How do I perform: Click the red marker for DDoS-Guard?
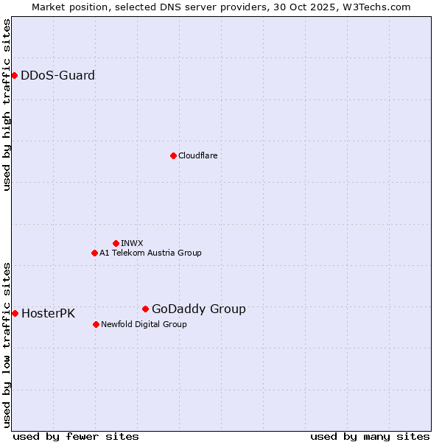(x=14, y=75)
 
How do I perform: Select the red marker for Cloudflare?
(x=173, y=155)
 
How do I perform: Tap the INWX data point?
(x=116, y=243)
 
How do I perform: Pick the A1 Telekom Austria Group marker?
(x=94, y=253)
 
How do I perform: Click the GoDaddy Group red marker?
(x=145, y=309)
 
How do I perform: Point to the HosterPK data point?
(x=15, y=313)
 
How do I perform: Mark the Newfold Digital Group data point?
(x=96, y=324)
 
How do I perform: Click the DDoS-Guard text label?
(x=57, y=75)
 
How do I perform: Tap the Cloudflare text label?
(x=197, y=155)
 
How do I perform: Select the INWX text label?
(x=132, y=243)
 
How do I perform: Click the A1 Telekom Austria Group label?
(x=150, y=253)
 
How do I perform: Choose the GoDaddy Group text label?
(x=199, y=309)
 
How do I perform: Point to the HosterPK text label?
(x=48, y=314)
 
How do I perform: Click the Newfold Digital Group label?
(x=144, y=324)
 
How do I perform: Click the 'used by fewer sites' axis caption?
(x=76, y=436)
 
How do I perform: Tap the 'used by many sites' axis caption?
(x=370, y=436)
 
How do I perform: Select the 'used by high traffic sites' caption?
(x=7, y=105)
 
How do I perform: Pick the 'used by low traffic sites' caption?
(x=7, y=345)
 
